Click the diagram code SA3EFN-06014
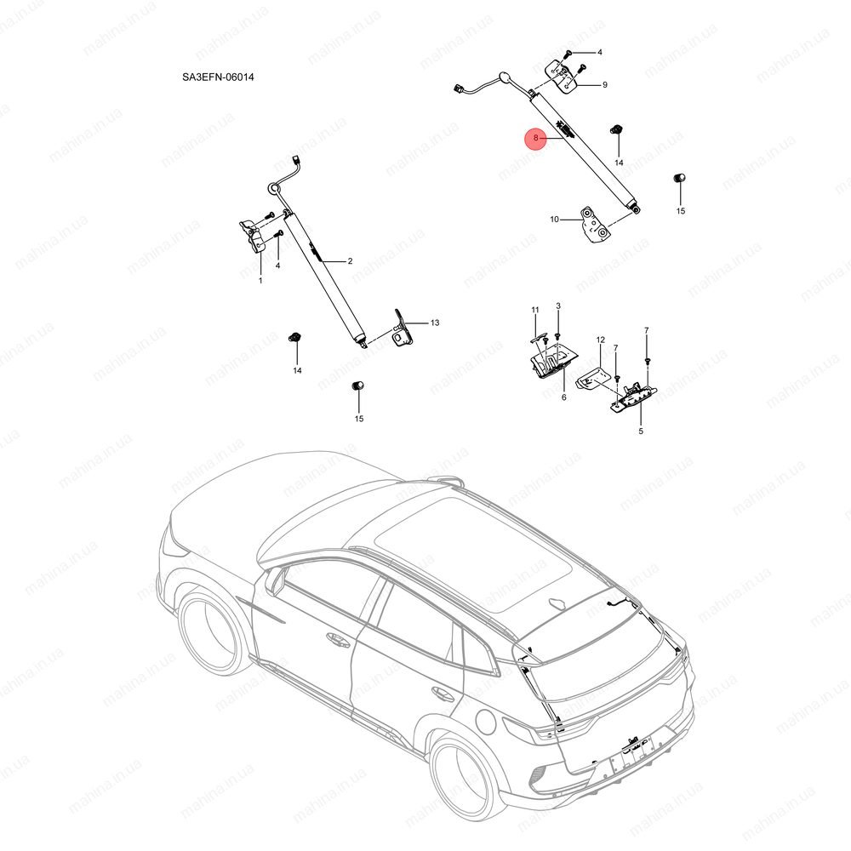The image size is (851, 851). point(218,77)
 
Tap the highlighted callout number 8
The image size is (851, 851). point(535,138)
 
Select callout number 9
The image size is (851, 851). point(604,85)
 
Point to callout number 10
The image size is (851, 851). point(554,220)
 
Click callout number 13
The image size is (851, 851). point(435,323)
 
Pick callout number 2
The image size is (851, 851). point(350,261)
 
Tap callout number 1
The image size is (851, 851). point(260,281)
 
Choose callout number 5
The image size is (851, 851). point(641,431)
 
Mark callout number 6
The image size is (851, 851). point(564,397)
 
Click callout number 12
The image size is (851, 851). point(600,340)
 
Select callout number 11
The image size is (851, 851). point(535,310)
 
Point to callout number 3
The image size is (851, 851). point(558,306)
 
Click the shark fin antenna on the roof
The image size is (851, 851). point(558,603)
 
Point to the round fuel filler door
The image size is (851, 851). point(486,722)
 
